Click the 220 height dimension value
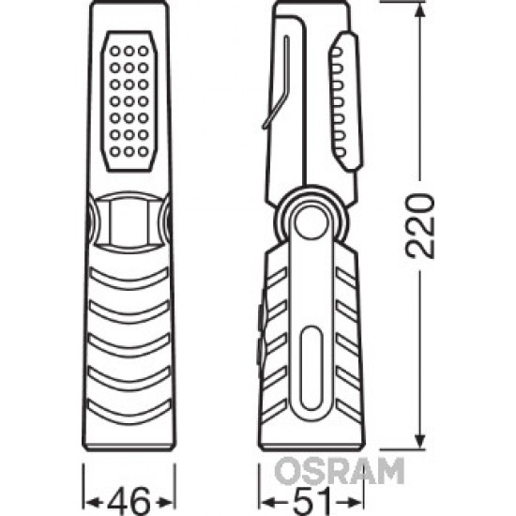(x=419, y=226)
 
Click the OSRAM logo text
(x=340, y=471)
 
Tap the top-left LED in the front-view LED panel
(x=114, y=51)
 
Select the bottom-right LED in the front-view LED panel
(x=144, y=152)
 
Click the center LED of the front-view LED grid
(x=129, y=101)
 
